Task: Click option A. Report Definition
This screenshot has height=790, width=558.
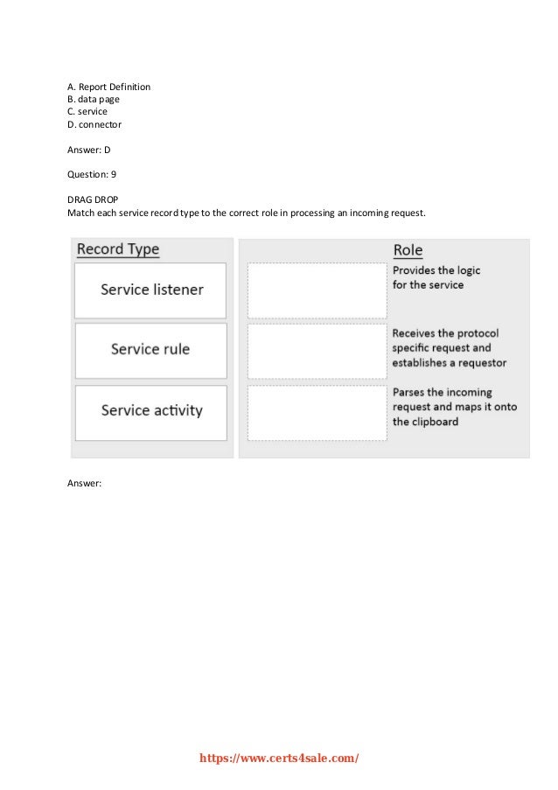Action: pyautogui.click(x=108, y=87)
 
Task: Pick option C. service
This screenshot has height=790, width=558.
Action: pyautogui.click(x=87, y=111)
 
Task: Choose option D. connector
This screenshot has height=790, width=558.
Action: pyautogui.click(x=94, y=124)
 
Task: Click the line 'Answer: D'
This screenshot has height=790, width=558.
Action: pyautogui.click(x=88, y=150)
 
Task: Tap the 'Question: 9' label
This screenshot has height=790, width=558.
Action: pyautogui.click(x=92, y=174)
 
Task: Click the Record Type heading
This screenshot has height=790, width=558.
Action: pyautogui.click(x=118, y=249)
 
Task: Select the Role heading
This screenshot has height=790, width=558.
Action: pyautogui.click(x=408, y=250)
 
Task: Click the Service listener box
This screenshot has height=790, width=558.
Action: pyautogui.click(x=150, y=290)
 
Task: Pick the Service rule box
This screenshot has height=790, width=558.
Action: pyautogui.click(x=150, y=349)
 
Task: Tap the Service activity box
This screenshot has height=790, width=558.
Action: pyautogui.click(x=150, y=409)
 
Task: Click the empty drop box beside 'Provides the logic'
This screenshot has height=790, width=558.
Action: pyautogui.click(x=317, y=290)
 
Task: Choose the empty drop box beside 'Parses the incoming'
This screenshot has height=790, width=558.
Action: pyautogui.click(x=317, y=412)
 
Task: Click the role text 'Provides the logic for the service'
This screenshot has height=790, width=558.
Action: pyautogui.click(x=436, y=278)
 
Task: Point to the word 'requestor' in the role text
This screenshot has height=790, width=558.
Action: pyautogui.click(x=479, y=362)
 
